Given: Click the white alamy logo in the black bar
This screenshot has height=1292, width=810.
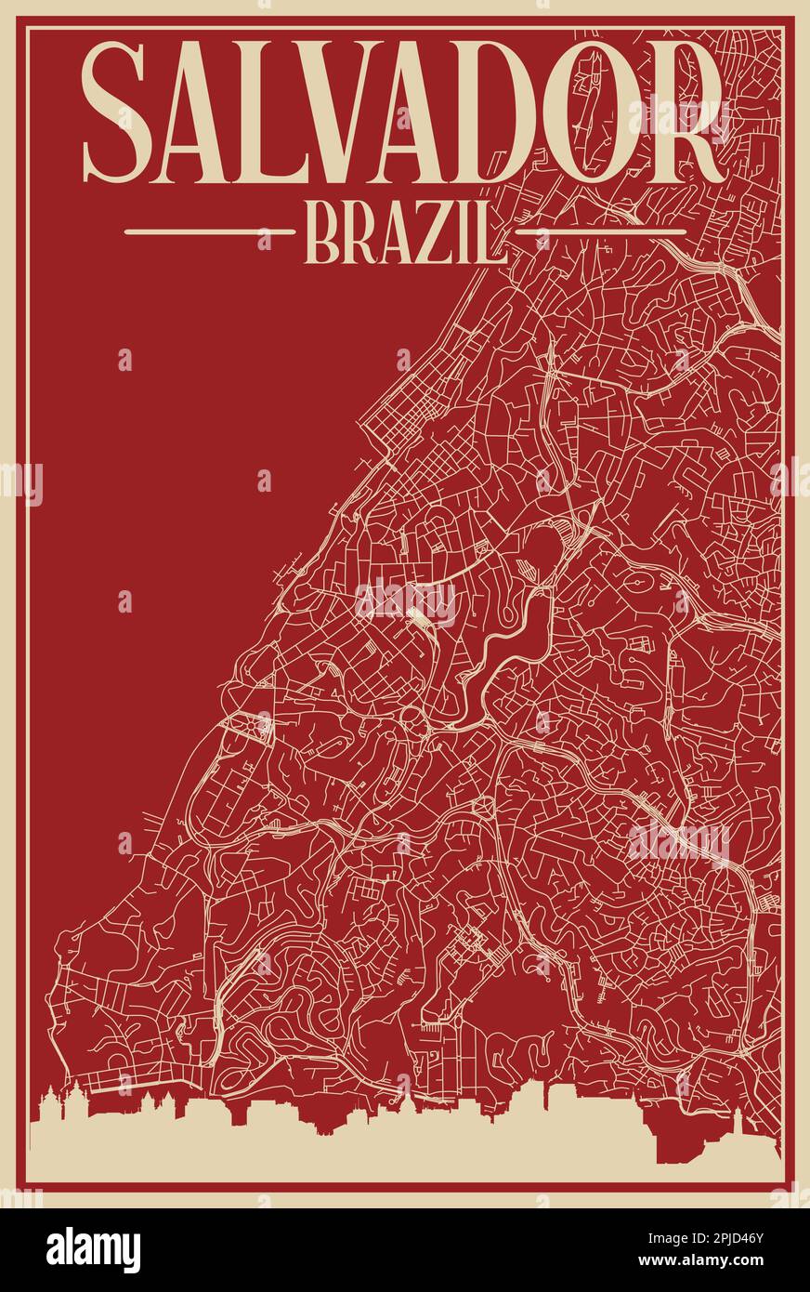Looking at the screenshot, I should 93,1250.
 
